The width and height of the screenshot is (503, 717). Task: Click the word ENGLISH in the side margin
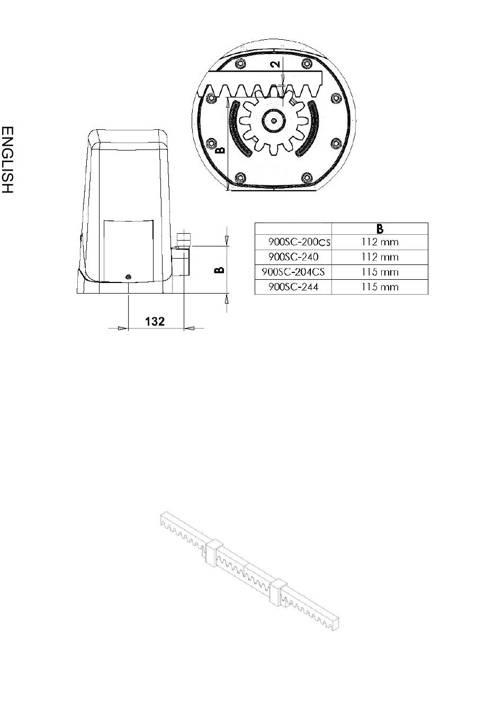coord(7,160)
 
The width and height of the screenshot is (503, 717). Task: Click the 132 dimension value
coord(155,321)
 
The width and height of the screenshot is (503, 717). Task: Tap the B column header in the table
coord(380,229)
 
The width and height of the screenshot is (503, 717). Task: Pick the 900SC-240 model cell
coord(293,256)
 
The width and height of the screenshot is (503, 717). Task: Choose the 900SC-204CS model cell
coord(293,272)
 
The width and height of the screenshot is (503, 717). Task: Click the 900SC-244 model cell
coord(293,287)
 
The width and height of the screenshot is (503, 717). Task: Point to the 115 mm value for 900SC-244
coord(380,287)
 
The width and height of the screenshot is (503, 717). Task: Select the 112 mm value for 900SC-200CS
coord(380,242)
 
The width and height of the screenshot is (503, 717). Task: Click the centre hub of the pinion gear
coord(274,120)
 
